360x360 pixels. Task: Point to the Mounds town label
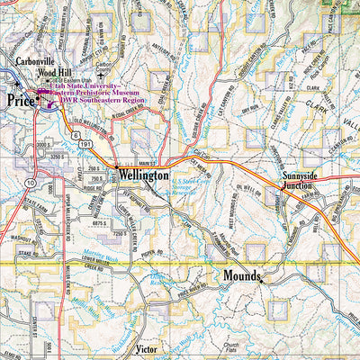pyautogui.click(x=241, y=275)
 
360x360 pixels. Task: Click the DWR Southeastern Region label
pyautogui.click(x=101, y=101)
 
